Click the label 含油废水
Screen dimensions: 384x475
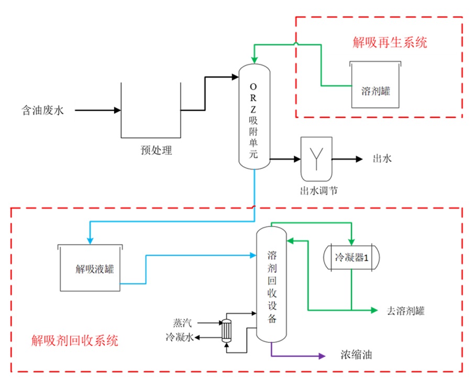pos(42,111)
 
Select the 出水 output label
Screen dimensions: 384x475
pos(382,159)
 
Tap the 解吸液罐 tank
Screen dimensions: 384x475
pos(90,268)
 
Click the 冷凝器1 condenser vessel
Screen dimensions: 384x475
pos(351,257)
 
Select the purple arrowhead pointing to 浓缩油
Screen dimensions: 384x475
pos(321,356)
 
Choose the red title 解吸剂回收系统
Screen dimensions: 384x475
pos(75,341)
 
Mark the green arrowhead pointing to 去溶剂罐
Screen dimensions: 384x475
pos(374,310)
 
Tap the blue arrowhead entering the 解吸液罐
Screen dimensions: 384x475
pos(91,240)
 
